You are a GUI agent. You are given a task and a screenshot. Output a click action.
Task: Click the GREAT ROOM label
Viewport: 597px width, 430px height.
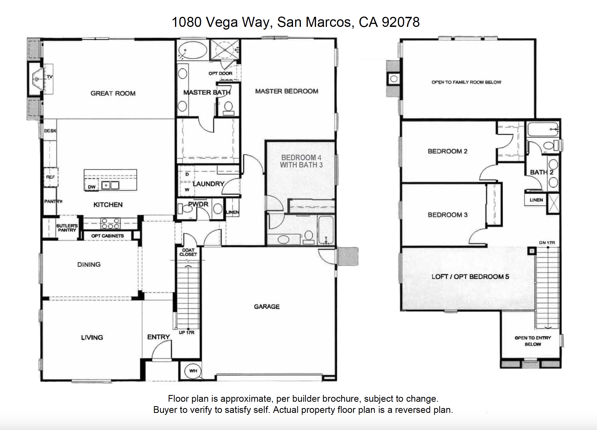113,93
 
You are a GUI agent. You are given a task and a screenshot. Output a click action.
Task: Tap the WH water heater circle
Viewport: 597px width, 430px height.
193,371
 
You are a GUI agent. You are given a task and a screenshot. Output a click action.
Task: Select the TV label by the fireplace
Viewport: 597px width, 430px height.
50,77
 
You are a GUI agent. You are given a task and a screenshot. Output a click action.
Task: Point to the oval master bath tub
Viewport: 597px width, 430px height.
192,50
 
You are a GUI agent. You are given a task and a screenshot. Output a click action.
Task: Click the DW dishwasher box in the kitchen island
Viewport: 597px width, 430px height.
92,186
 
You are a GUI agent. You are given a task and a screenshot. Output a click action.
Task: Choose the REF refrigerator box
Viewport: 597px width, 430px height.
51,177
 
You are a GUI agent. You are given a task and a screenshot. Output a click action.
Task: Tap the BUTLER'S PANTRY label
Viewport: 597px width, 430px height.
67,228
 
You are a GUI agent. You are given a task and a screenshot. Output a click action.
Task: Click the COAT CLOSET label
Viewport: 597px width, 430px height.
188,252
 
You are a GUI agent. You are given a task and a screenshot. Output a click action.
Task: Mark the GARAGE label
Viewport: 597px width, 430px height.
267,306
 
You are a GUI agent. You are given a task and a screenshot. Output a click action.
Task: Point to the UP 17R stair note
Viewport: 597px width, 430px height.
186,333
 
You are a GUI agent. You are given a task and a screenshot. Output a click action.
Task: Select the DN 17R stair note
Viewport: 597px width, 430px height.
547,243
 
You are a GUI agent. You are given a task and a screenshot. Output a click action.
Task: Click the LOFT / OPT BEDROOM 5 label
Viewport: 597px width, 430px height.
470,277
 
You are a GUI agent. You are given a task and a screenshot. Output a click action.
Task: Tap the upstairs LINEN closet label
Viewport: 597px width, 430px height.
536,200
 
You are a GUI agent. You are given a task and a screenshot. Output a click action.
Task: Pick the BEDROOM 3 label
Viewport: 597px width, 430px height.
448,215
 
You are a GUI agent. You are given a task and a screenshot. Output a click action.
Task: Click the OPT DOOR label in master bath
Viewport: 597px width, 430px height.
220,73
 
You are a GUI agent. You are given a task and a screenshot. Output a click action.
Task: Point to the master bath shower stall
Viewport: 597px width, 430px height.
225,50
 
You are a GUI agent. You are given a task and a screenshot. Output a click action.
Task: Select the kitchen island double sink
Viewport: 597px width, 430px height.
110,185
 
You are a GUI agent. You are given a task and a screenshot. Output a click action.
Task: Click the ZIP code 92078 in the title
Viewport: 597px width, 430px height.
401,22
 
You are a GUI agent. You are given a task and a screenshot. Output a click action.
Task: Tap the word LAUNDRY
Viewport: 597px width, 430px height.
208,184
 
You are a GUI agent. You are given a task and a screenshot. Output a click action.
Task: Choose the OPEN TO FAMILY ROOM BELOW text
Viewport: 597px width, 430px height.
466,82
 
